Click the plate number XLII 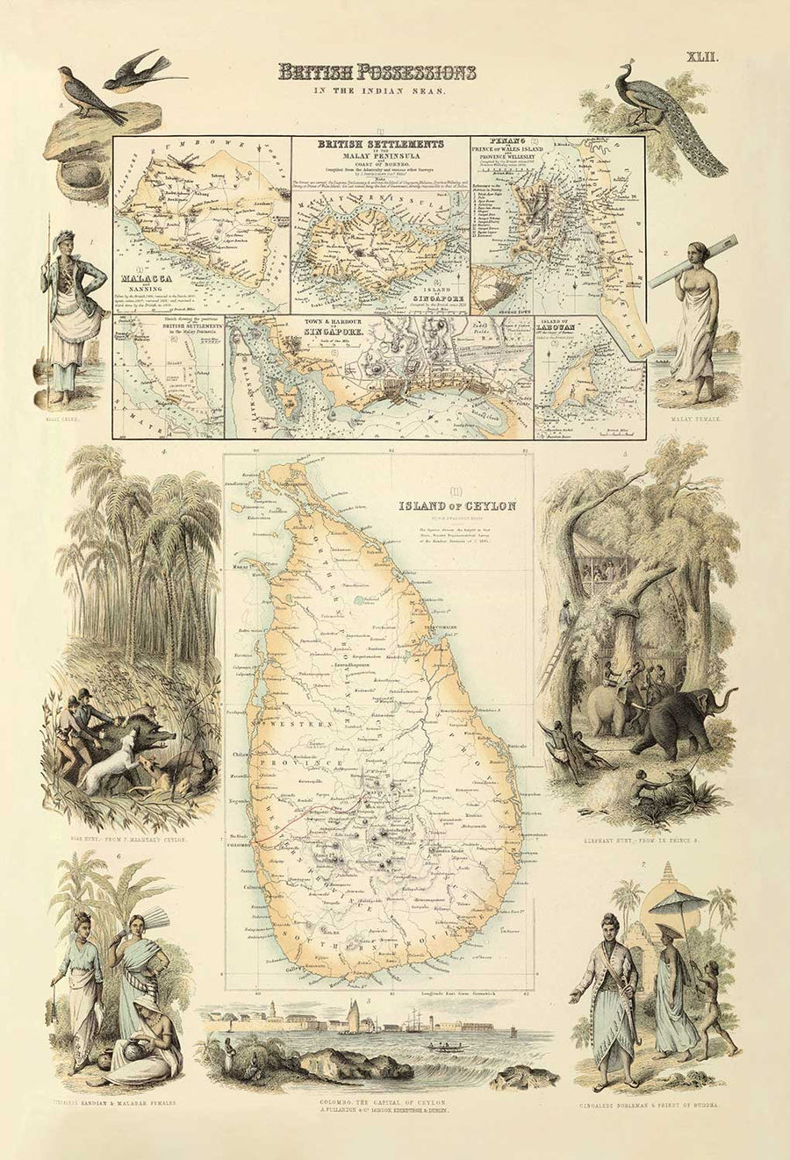point(703,58)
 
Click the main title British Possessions point(377,72)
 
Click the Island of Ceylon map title point(456,505)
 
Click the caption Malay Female point(693,419)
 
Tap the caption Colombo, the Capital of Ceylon point(382,1101)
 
